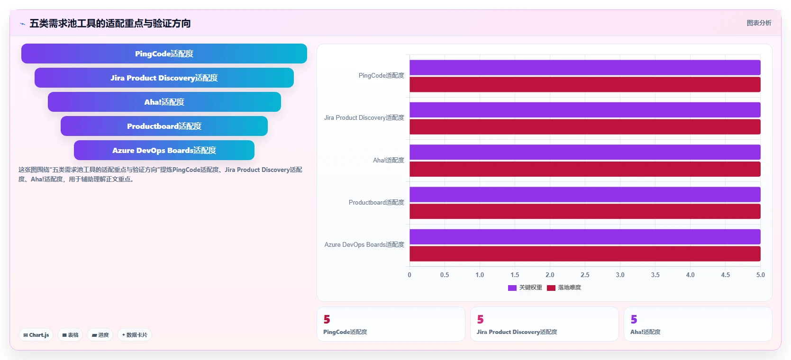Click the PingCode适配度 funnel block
click(164, 54)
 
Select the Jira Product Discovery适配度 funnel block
click(164, 78)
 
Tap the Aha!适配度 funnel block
click(164, 102)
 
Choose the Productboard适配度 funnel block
click(164, 126)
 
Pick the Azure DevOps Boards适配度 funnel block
click(164, 150)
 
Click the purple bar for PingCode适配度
click(585, 67)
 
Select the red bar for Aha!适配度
click(585, 169)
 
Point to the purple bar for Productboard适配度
click(585, 195)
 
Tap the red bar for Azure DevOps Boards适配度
click(585, 254)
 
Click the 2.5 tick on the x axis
click(585, 275)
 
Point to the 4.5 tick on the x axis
click(725, 275)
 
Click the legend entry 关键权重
click(525, 288)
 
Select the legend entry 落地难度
click(564, 288)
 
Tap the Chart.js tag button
click(36, 335)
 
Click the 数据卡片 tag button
click(135, 335)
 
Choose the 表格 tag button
click(70, 335)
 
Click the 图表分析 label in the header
click(759, 23)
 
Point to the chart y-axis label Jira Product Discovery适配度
click(364, 117)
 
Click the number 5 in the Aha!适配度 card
click(634, 319)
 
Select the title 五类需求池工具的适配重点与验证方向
click(110, 23)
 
